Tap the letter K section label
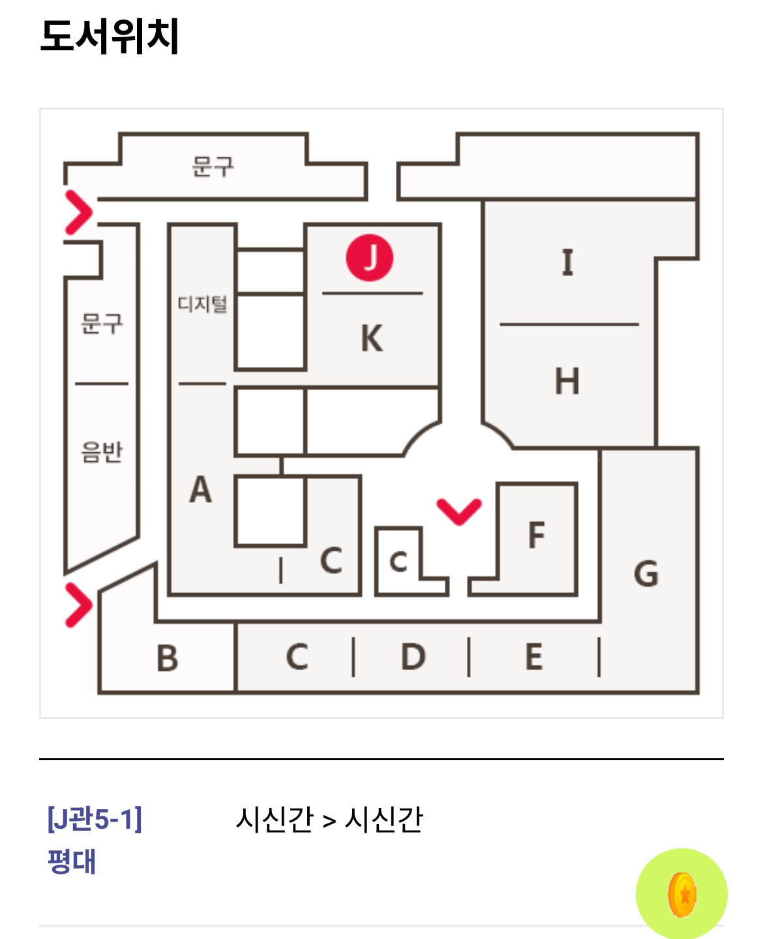(372, 338)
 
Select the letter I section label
(567, 263)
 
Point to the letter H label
(567, 381)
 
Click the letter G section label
(646, 574)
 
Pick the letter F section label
(536, 535)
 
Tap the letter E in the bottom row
(534, 656)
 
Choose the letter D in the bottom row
(413, 656)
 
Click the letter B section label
(168, 658)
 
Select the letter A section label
(200, 489)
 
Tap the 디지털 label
(202, 304)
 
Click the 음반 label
(102, 451)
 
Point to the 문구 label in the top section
(213, 166)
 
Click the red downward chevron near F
(459, 511)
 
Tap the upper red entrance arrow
(79, 212)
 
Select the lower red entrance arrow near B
(78, 605)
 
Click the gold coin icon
(682, 895)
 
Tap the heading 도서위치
(110, 36)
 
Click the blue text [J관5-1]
(95, 818)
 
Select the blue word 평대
(72, 861)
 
